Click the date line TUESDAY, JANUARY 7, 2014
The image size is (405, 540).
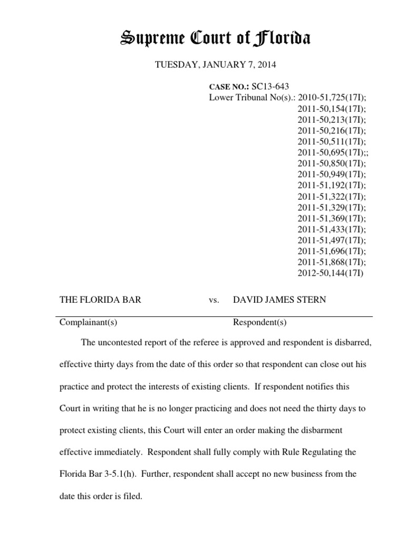tap(215, 65)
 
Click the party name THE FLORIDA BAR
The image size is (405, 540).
tap(100, 300)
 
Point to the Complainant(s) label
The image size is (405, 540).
tap(85, 322)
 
